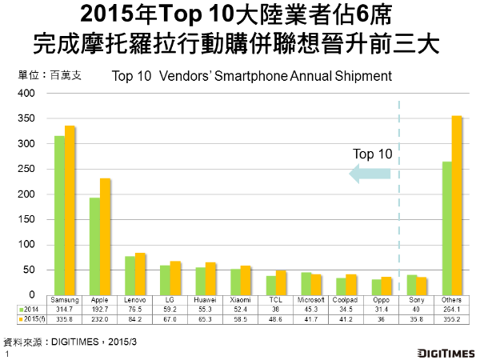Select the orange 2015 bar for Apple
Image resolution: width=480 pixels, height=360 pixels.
point(105,237)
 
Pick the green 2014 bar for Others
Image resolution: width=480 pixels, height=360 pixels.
point(446,229)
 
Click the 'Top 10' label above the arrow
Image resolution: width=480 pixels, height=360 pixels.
point(373,152)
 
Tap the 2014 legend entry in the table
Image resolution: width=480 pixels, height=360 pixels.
point(30,307)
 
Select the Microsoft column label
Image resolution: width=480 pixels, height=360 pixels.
point(310,299)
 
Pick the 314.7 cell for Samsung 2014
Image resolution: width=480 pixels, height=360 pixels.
point(64,307)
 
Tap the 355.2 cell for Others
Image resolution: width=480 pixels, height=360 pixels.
point(451,318)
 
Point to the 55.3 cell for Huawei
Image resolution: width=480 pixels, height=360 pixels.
point(205,307)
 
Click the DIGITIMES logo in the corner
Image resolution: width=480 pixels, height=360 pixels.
point(446,352)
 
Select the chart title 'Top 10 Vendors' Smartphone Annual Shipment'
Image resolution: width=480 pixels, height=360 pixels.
point(252,77)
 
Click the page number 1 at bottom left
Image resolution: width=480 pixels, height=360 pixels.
point(7,353)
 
